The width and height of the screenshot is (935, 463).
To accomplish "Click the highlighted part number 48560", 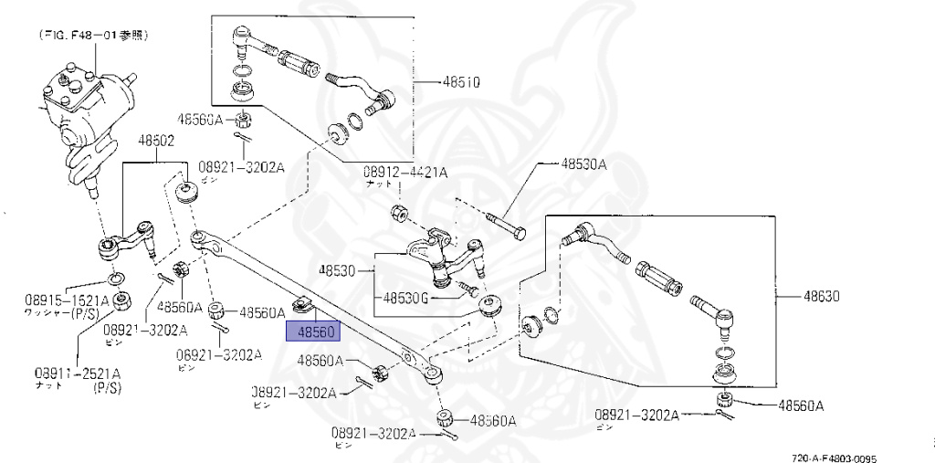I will click(313, 331).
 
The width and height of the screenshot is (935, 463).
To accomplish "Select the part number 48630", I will click(821, 297).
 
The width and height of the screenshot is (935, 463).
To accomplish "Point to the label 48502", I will click(156, 142).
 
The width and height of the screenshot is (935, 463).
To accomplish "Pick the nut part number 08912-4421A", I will click(406, 172).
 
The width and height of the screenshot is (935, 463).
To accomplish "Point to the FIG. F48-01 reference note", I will click(94, 37).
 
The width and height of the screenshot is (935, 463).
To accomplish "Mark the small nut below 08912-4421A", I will click(398, 214).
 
